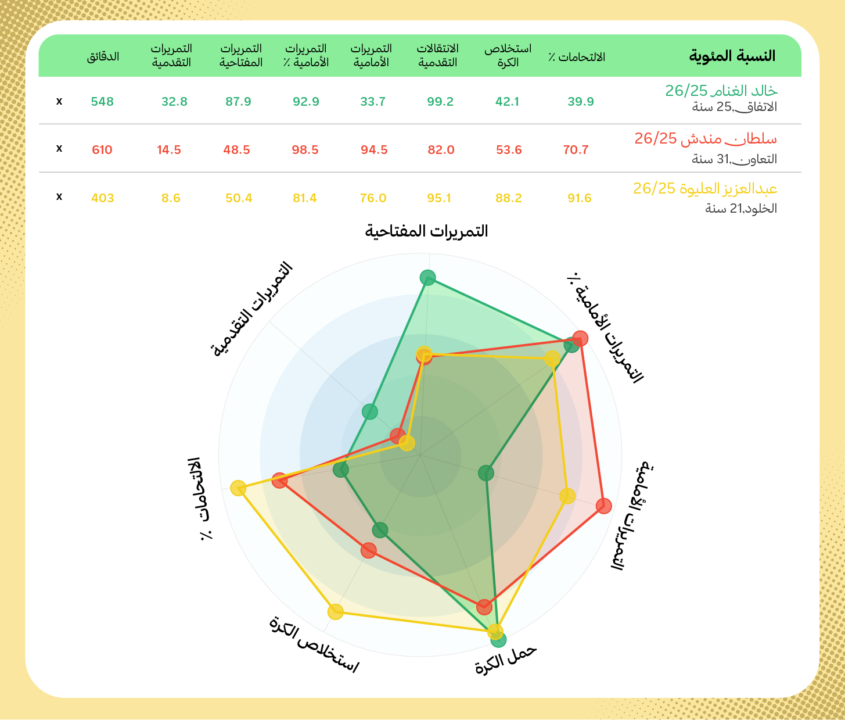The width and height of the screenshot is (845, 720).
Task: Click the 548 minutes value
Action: point(102,102)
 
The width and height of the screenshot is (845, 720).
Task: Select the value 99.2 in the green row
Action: point(440,102)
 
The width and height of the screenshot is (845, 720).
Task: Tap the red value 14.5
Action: point(169,150)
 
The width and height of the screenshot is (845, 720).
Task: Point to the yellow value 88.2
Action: point(509,198)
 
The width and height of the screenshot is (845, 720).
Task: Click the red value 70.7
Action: point(576,150)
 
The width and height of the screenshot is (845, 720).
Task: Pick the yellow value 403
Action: point(103,198)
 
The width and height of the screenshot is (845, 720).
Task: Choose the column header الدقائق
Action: point(103,56)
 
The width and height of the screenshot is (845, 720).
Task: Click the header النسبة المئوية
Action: point(732,56)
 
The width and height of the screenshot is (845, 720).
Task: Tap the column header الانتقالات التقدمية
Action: point(438,55)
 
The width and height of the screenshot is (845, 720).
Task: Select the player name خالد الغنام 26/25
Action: point(721,91)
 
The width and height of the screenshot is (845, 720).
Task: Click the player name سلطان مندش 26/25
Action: point(706,139)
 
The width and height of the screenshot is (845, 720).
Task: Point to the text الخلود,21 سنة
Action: point(741,209)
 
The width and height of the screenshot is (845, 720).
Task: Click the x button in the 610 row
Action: point(59,149)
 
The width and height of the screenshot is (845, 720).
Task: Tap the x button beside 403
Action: point(59,197)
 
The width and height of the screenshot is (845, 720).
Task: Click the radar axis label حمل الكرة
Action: point(506,660)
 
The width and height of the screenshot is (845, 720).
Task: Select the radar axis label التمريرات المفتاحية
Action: point(426,231)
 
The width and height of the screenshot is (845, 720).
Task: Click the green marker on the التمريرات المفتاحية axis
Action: point(428,278)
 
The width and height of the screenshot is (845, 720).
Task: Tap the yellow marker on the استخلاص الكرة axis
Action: point(336,611)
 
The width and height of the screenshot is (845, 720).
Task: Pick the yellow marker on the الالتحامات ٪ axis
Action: point(238,488)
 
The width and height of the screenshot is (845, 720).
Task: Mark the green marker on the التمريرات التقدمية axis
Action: point(370,412)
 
